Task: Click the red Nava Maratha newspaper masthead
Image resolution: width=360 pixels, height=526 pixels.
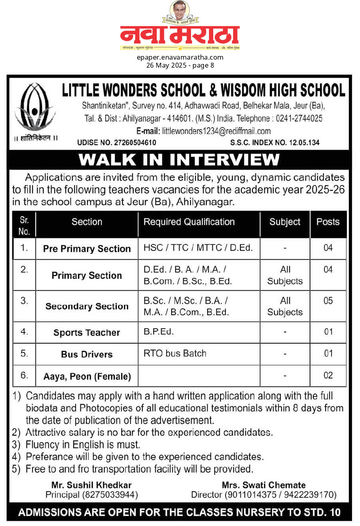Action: coord(180,35)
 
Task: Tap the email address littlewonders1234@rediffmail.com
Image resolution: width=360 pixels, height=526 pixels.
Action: coord(216,131)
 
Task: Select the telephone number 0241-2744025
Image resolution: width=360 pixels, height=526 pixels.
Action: coord(298,119)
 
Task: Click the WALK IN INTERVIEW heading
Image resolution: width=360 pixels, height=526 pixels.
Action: coord(179,160)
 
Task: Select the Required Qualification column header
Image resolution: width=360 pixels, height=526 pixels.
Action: coord(189,222)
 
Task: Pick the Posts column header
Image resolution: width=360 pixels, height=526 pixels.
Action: coord(328,222)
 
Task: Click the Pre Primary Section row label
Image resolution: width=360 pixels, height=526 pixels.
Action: coord(87,249)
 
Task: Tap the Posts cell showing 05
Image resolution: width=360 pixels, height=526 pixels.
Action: coord(328,301)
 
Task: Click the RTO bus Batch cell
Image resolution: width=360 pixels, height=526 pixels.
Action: coord(175,354)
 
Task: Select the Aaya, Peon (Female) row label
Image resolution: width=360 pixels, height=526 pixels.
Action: coord(87,376)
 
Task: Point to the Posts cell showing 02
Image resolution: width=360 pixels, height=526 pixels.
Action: coord(328,376)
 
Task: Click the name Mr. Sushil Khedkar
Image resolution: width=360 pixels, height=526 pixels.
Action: coord(91,485)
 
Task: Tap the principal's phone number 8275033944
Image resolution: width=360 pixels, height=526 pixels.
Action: coord(110,495)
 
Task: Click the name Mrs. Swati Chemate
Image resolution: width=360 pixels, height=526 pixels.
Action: coord(264,485)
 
